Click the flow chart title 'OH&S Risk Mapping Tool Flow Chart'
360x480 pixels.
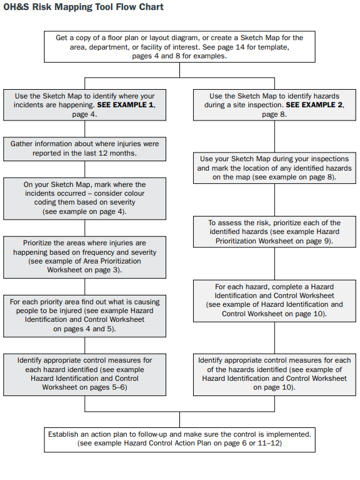click(x=83, y=7)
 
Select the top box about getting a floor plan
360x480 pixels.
click(x=179, y=47)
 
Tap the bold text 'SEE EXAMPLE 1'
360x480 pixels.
click(x=125, y=105)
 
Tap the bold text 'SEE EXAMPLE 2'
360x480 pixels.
click(x=314, y=105)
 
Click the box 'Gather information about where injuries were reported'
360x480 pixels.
click(x=85, y=149)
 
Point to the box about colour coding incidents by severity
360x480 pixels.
click(x=85, y=199)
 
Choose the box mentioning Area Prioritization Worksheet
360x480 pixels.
click(x=85, y=257)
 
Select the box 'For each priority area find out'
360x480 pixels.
click(x=85, y=316)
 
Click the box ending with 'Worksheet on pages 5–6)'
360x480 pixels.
click(x=85, y=375)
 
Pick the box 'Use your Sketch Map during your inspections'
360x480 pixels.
click(x=275, y=168)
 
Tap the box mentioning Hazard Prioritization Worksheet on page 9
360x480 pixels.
click(x=275, y=232)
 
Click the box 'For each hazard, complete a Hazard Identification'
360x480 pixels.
click(x=275, y=301)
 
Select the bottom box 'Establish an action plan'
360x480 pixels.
click(x=179, y=440)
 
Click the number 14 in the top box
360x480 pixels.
click(x=240, y=47)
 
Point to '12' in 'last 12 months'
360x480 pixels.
click(x=103, y=153)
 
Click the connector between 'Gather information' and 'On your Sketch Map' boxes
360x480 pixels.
click(x=85, y=169)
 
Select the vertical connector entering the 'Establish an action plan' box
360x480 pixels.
click(x=179, y=420)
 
